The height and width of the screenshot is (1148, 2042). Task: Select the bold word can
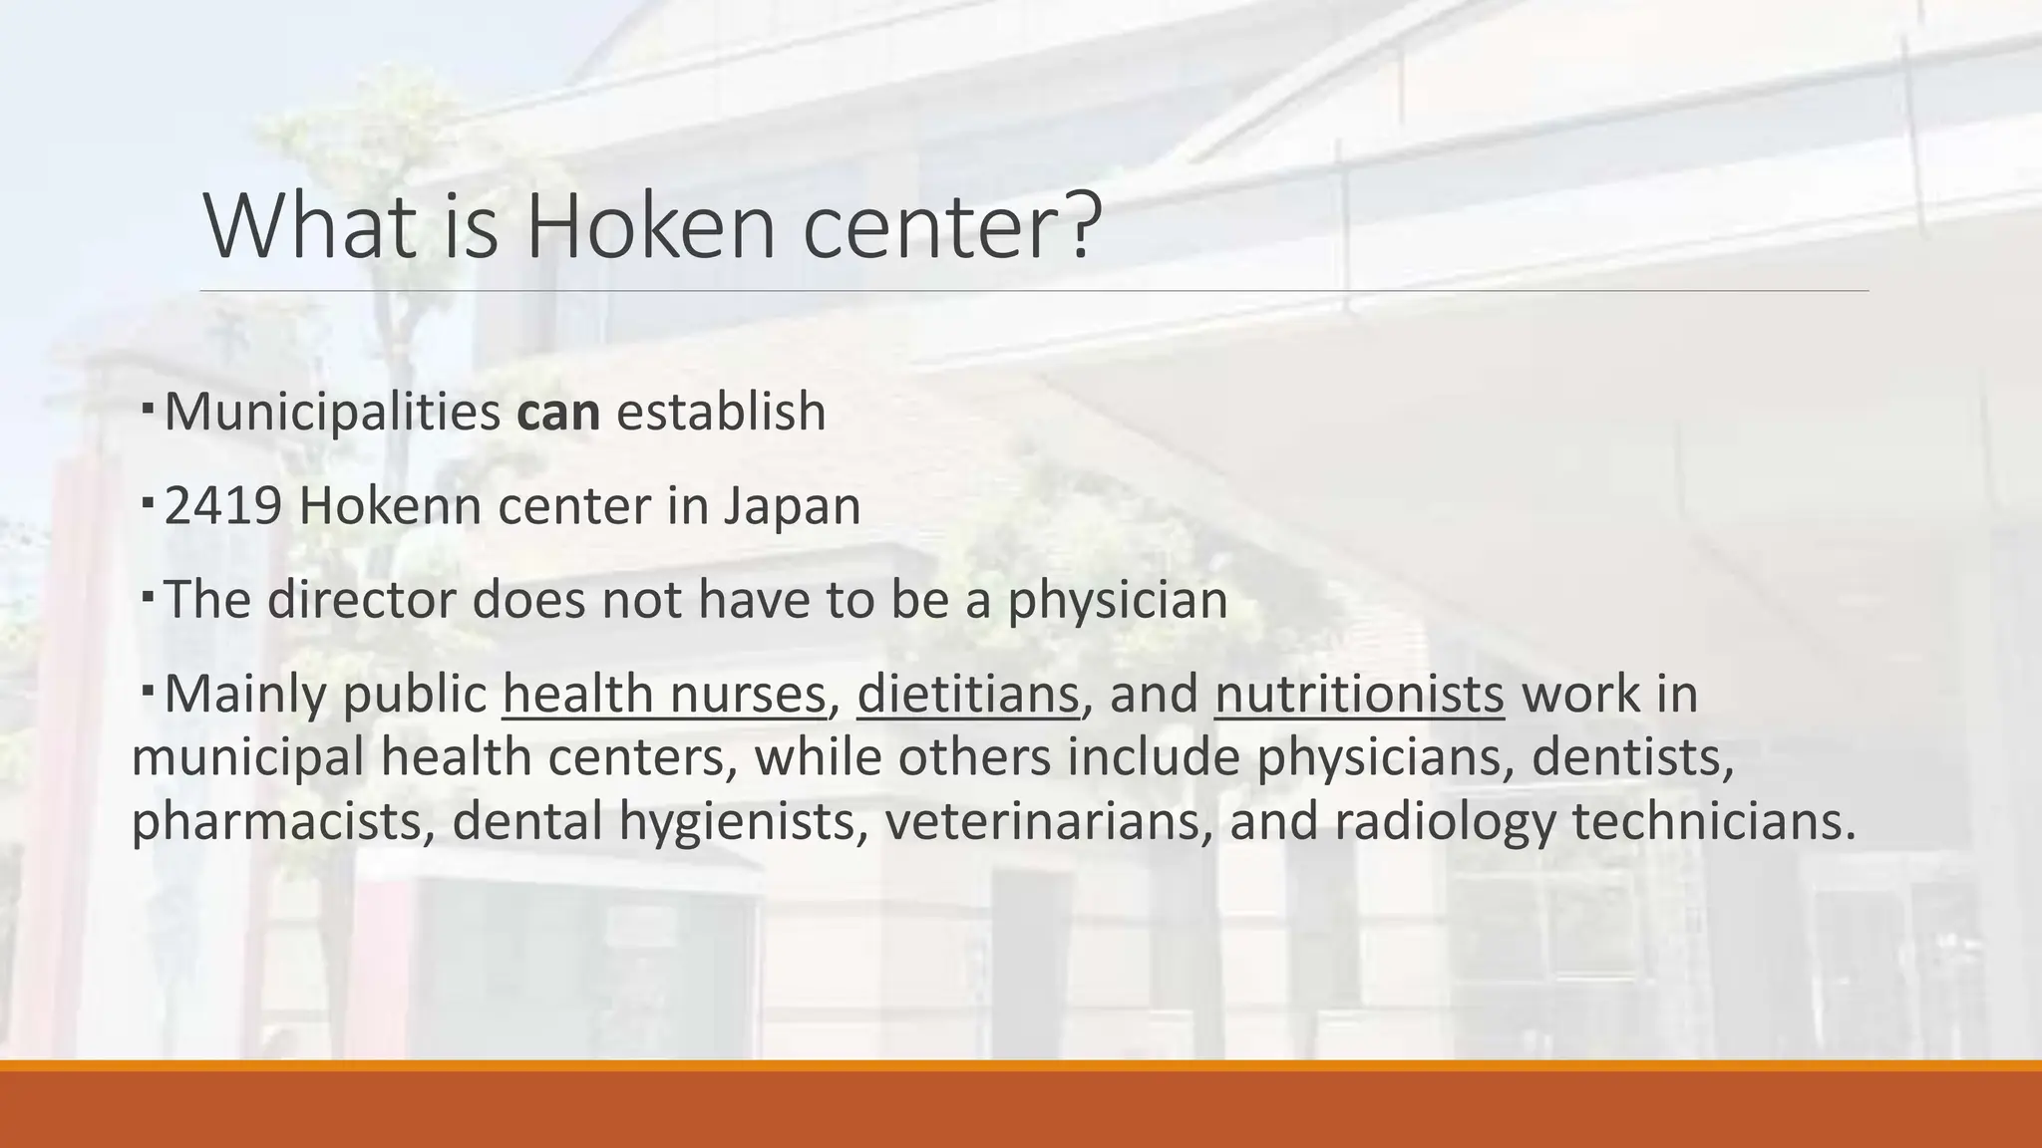pyautogui.click(x=558, y=412)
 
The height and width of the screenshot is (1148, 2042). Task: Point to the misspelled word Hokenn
pyautogui.click(x=390, y=506)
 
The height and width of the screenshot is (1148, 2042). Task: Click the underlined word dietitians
pyautogui.click(x=967, y=694)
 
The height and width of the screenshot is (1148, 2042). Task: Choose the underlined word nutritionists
pyautogui.click(x=1359, y=694)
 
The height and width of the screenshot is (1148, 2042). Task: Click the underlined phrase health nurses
pyautogui.click(x=664, y=694)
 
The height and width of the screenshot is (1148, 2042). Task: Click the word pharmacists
pyautogui.click(x=283, y=822)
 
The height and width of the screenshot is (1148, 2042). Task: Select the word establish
pyautogui.click(x=721, y=412)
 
